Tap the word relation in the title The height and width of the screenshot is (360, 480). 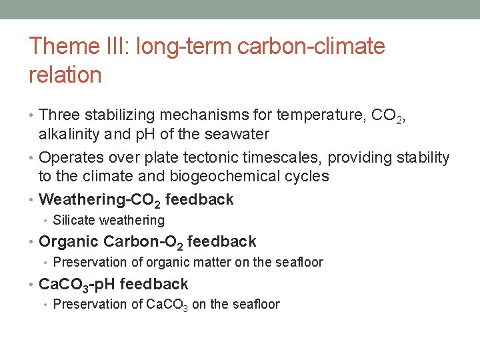click(65, 75)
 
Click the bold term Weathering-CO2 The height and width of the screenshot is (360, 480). click(100, 199)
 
